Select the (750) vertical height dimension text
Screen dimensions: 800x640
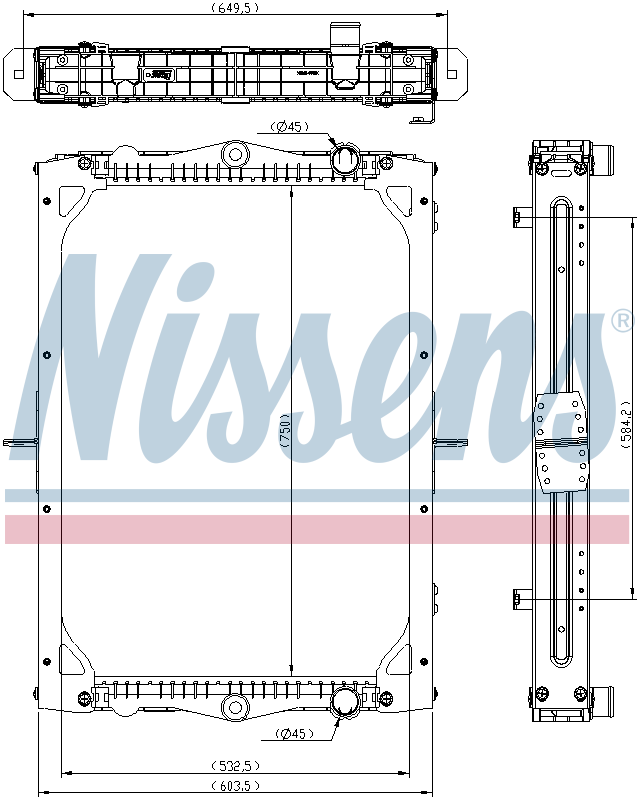(285, 433)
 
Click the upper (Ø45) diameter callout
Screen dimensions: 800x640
(290, 126)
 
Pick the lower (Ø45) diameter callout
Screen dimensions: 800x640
(291, 735)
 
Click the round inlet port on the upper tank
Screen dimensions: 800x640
(346, 158)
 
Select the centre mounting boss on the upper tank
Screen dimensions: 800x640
(236, 153)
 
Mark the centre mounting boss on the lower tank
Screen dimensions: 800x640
(236, 707)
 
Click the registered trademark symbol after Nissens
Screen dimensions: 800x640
(621, 321)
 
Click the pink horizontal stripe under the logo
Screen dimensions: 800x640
(320, 530)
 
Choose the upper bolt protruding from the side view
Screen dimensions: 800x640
(518, 217)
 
